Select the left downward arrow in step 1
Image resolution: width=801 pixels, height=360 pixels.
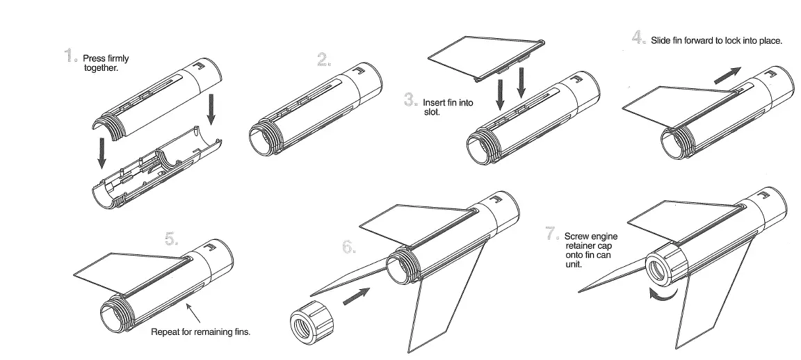pyautogui.click(x=102, y=153)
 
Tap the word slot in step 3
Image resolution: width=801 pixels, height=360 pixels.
pyautogui.click(x=431, y=112)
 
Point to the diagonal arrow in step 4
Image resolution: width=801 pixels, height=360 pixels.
pyautogui.click(x=727, y=73)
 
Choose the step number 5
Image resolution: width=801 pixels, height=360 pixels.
pyautogui.click(x=171, y=240)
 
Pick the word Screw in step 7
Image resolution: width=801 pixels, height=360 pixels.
pyautogui.click(x=577, y=237)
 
